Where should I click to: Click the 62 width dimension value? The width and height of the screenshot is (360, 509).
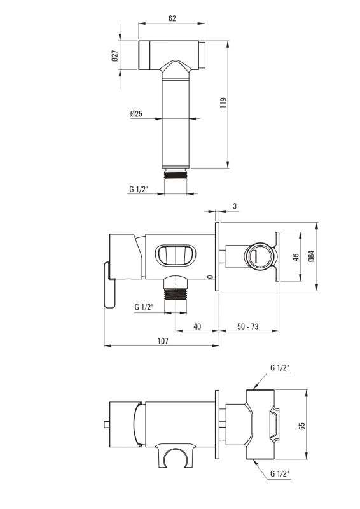tap(172, 18)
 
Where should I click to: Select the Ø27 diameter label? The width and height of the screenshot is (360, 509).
tap(115, 55)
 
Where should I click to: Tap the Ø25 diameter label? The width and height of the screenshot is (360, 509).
tap(136, 114)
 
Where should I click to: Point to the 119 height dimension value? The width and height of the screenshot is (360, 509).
tap(223, 102)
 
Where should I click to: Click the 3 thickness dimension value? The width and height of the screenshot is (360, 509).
tap(235, 206)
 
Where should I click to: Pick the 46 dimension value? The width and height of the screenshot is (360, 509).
tap(295, 257)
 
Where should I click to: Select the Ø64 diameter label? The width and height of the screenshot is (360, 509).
tap(311, 256)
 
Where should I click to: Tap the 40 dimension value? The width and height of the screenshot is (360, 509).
tap(197, 326)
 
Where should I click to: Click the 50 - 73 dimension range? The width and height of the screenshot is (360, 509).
tap(247, 326)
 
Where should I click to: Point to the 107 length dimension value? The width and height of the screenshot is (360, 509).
tap(163, 341)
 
